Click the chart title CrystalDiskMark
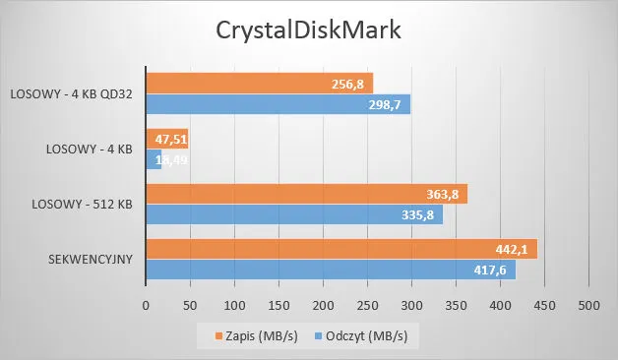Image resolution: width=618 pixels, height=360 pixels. pos(309,30)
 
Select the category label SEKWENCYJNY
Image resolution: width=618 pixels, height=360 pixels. pos(90,260)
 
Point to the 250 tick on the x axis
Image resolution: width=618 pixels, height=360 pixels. pos(367,306)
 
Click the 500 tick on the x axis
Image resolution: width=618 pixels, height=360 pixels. pos(587,306)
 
